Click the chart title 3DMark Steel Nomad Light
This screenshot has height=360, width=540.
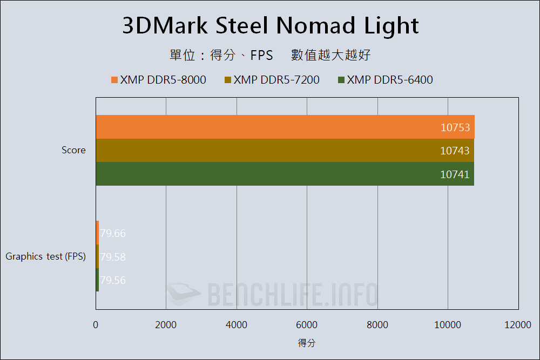point(270,26)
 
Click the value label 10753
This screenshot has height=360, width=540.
point(455,128)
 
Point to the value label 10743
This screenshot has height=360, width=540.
point(455,151)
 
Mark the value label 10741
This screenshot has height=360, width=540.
point(455,174)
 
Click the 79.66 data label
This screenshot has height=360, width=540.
point(113,234)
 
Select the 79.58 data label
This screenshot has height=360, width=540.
point(113,257)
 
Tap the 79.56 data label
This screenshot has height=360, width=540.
point(113,280)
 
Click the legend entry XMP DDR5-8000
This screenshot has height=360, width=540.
point(163,80)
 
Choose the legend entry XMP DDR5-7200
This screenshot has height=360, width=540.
point(276,80)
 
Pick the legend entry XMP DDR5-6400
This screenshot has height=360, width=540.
point(389,80)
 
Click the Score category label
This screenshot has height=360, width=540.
point(73,150)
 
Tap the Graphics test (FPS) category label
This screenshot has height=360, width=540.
point(46,257)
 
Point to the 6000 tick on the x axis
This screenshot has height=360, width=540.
point(307,324)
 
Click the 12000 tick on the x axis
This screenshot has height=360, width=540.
point(518,324)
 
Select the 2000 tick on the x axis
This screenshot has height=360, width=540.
point(166,324)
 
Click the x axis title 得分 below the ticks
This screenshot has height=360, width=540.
point(307,343)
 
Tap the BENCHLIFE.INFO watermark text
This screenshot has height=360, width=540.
point(292,295)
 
